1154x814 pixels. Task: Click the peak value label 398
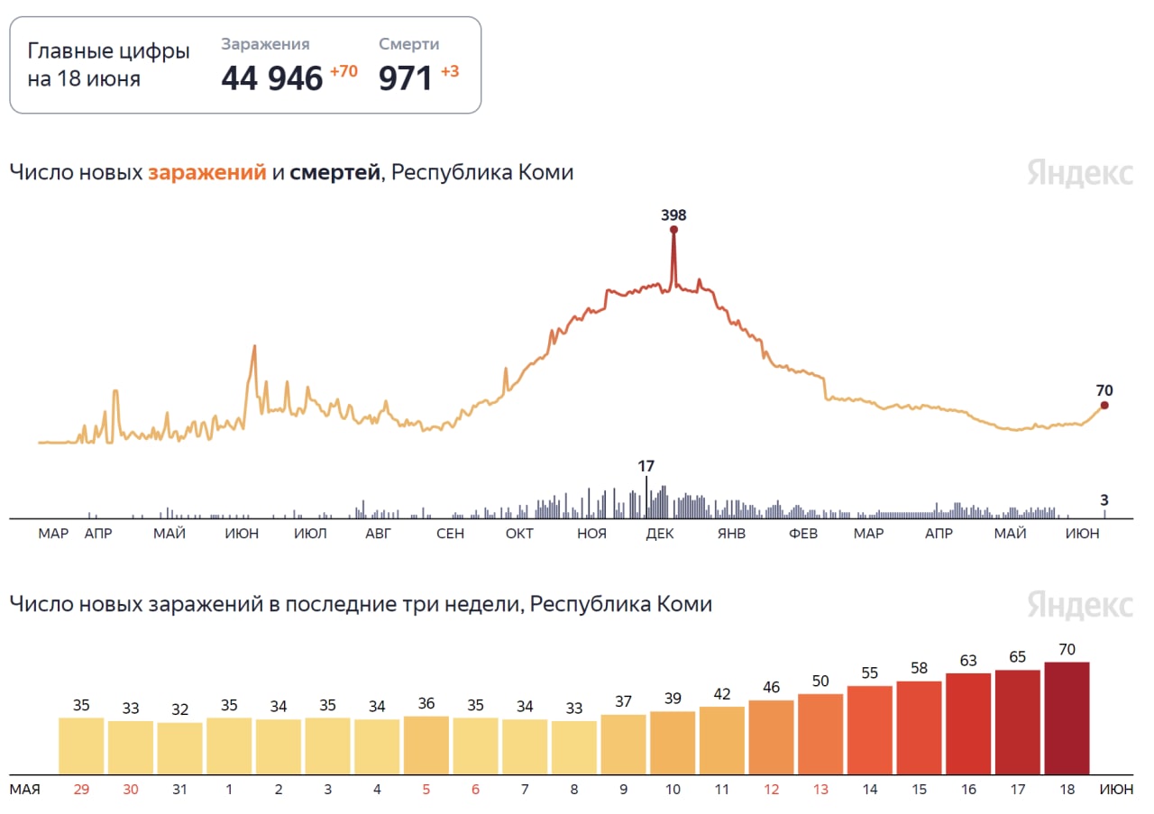click(673, 215)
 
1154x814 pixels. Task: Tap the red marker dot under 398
click(673, 230)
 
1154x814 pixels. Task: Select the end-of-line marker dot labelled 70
click(1104, 406)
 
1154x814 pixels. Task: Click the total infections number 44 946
click(271, 79)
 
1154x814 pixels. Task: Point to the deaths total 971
click(406, 79)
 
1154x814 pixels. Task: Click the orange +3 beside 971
click(450, 71)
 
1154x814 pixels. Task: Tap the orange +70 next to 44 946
click(343, 71)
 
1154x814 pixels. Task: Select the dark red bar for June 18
click(1067, 718)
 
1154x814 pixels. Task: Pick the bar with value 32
click(179, 748)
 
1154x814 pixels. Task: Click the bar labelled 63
click(968, 724)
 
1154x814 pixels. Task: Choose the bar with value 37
click(623, 745)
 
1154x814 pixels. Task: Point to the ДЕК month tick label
click(660, 534)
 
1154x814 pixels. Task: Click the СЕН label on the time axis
click(450, 534)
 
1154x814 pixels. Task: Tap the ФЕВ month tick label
click(803, 534)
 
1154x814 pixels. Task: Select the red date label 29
click(81, 790)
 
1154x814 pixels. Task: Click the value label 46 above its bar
click(771, 687)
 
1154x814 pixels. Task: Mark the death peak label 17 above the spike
click(646, 467)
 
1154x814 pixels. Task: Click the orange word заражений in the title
click(206, 172)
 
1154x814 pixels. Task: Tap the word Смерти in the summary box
click(409, 44)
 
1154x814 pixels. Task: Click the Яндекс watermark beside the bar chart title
click(1079, 604)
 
